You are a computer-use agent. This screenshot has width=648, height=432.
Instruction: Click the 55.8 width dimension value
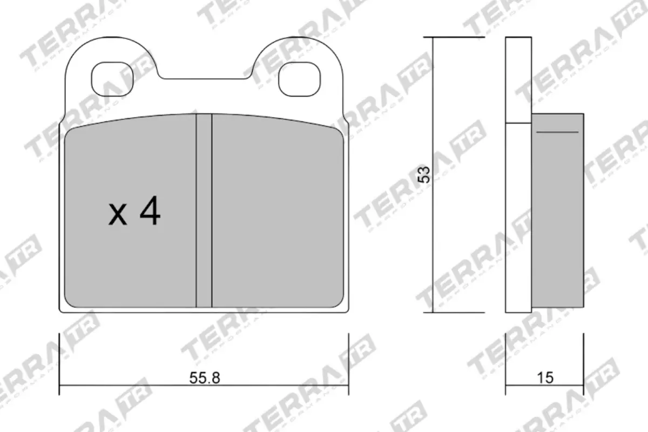click(205, 378)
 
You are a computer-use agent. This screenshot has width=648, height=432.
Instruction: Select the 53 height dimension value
click(426, 174)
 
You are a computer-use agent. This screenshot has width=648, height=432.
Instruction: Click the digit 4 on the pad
click(150, 212)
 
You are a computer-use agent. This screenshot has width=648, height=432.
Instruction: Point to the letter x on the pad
click(118, 215)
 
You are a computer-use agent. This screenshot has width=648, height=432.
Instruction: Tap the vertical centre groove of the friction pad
click(204, 211)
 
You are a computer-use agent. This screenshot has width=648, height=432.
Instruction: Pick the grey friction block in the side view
click(557, 216)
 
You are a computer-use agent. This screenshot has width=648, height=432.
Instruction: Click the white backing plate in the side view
click(518, 216)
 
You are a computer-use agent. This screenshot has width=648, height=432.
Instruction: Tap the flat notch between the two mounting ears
click(207, 79)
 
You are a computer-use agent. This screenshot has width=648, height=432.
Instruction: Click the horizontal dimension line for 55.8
click(135, 386)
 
